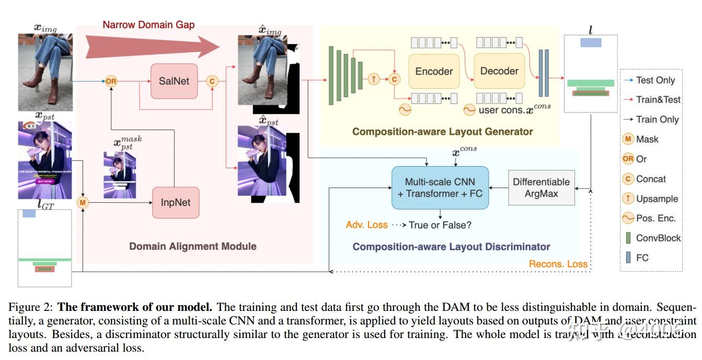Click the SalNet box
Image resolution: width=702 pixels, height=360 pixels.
click(x=174, y=81)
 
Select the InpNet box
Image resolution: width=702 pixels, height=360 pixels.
click(x=176, y=202)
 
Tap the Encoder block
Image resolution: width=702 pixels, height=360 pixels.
click(x=434, y=72)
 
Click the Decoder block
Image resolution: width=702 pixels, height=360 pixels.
click(x=499, y=71)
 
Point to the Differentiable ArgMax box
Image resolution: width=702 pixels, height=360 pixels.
click(x=541, y=188)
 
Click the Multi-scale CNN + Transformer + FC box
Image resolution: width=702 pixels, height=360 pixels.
click(x=440, y=188)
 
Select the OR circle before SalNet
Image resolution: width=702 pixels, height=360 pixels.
click(x=111, y=81)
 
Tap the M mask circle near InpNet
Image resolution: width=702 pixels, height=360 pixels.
click(x=83, y=202)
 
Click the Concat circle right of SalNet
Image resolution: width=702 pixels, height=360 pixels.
click(x=212, y=81)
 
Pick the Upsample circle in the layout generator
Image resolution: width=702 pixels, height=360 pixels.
click(x=374, y=79)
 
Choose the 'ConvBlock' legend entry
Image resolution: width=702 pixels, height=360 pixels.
click(x=658, y=238)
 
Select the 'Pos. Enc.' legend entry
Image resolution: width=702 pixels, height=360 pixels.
click(x=655, y=218)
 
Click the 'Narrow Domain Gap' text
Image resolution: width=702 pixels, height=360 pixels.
click(x=148, y=25)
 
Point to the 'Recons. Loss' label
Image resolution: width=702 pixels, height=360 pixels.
click(x=558, y=264)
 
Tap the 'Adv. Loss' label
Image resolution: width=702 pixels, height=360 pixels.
click(x=366, y=225)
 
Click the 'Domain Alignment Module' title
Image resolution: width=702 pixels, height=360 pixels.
click(x=193, y=246)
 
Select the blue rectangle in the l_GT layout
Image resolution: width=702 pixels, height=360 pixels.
click(x=29, y=214)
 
